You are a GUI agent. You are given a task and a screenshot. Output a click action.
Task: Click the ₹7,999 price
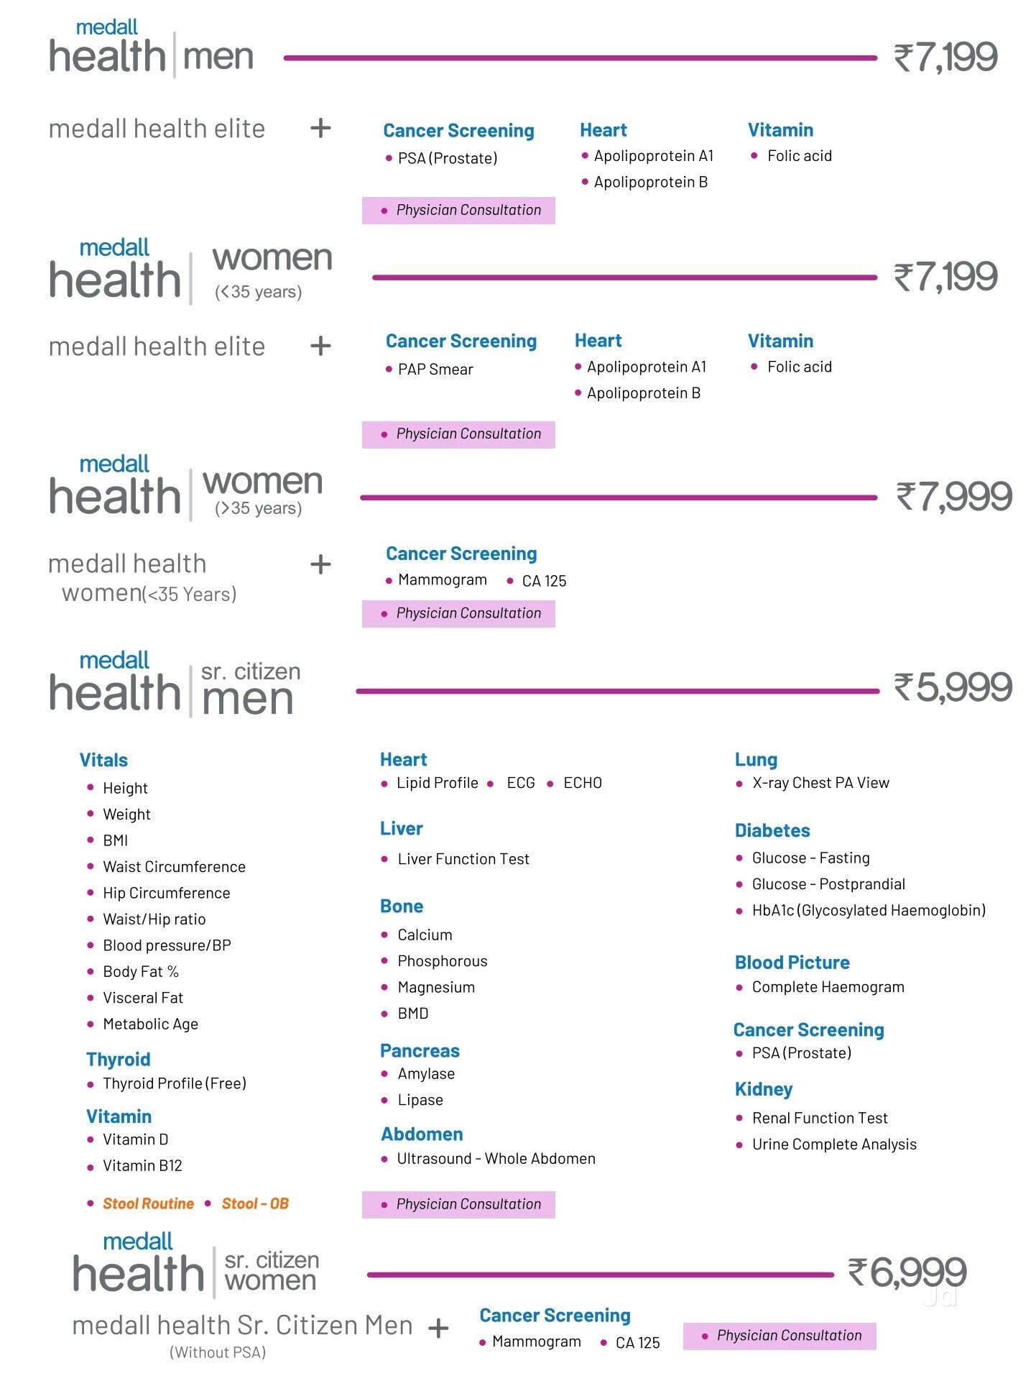(x=954, y=497)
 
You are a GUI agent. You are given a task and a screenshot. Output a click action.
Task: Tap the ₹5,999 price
(x=953, y=687)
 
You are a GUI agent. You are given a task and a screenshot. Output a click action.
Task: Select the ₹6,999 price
(x=907, y=1272)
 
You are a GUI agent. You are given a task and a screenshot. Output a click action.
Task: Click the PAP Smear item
(x=435, y=370)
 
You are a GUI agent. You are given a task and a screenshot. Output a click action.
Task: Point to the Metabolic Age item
(x=150, y=1024)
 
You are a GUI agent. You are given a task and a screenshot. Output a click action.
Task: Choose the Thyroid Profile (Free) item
(x=175, y=1083)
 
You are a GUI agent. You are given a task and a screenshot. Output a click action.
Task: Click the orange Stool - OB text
(x=255, y=1203)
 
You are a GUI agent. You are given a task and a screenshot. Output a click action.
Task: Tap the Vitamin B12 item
(x=142, y=1165)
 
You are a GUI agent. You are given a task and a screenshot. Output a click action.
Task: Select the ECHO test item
(x=583, y=783)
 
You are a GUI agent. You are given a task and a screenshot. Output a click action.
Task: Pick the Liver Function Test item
(x=463, y=859)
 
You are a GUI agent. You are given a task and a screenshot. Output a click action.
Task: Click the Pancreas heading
(x=420, y=1051)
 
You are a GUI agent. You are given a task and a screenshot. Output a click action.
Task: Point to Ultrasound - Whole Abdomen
(x=496, y=1159)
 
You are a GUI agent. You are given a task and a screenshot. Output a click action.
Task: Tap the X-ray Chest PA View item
(x=820, y=783)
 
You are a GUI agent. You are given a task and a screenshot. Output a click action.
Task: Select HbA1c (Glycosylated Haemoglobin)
(x=869, y=911)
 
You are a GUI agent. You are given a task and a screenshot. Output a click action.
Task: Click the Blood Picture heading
(x=792, y=963)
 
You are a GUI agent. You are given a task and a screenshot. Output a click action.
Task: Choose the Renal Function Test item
(x=820, y=1119)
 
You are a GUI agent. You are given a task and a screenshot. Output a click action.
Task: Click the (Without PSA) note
(x=218, y=1353)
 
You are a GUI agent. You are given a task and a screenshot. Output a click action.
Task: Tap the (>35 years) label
(x=258, y=509)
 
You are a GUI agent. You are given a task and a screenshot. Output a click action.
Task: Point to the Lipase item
(x=420, y=1101)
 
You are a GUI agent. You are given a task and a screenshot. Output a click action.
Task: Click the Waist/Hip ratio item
(x=154, y=919)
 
